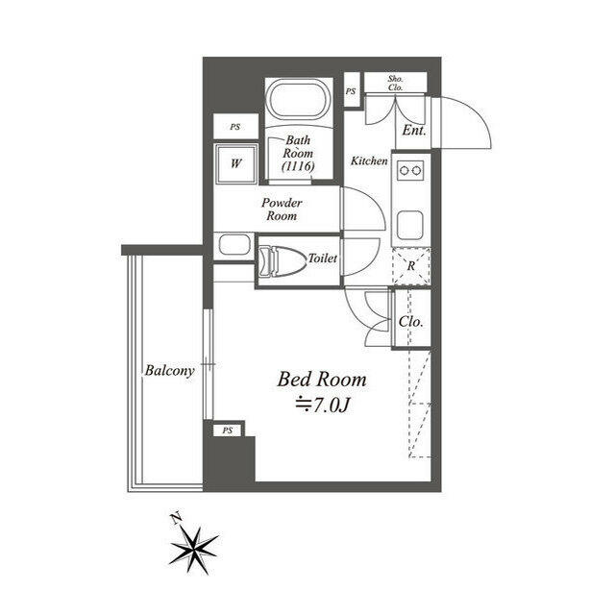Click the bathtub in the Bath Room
pos(299,99)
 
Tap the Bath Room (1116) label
pos(296,154)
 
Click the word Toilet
pos(322,259)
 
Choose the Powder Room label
pos(283,209)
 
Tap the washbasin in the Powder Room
pos(234,244)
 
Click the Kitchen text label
pos(368,160)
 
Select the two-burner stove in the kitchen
pos(411,173)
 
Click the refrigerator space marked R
pos(411,267)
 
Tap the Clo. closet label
pos(411,322)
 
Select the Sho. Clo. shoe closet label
pos(394,82)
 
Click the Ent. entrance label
pos(414,130)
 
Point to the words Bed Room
pos(321,380)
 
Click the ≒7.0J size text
pos(321,406)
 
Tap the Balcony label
pos(170,370)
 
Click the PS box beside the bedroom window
pos(227,430)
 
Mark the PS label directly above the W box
pos(235,126)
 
